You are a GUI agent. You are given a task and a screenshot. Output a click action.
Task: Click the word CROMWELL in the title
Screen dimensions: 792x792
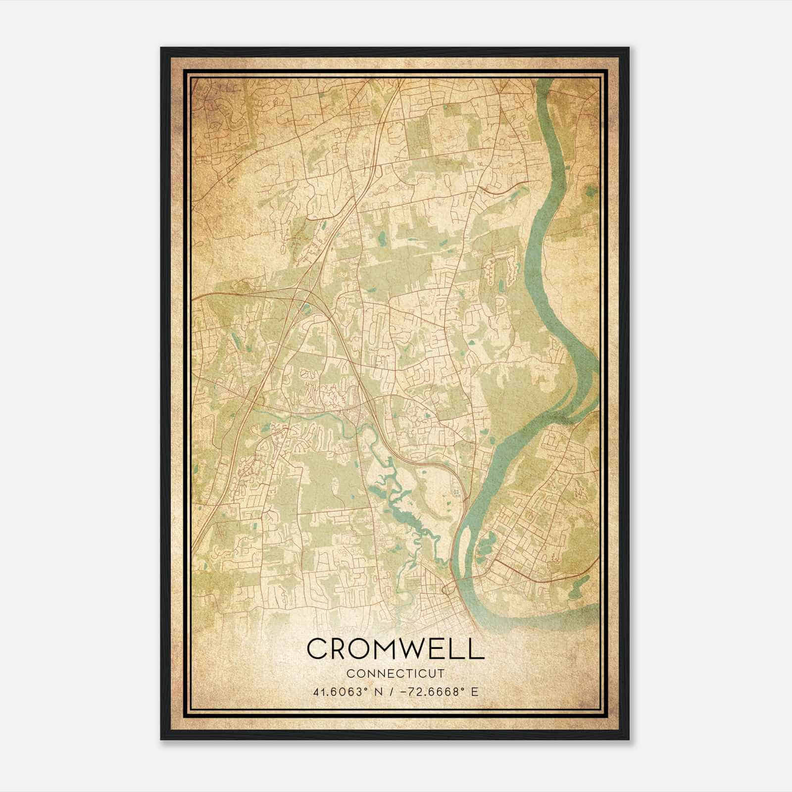pyautogui.click(x=395, y=649)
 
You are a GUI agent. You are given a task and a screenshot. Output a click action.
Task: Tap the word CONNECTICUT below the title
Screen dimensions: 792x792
pyautogui.click(x=395, y=674)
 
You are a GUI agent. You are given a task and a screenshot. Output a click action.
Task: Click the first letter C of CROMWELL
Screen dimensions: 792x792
pyautogui.click(x=317, y=649)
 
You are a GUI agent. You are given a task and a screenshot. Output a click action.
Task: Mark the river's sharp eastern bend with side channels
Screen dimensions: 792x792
pyautogui.click(x=584, y=386)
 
